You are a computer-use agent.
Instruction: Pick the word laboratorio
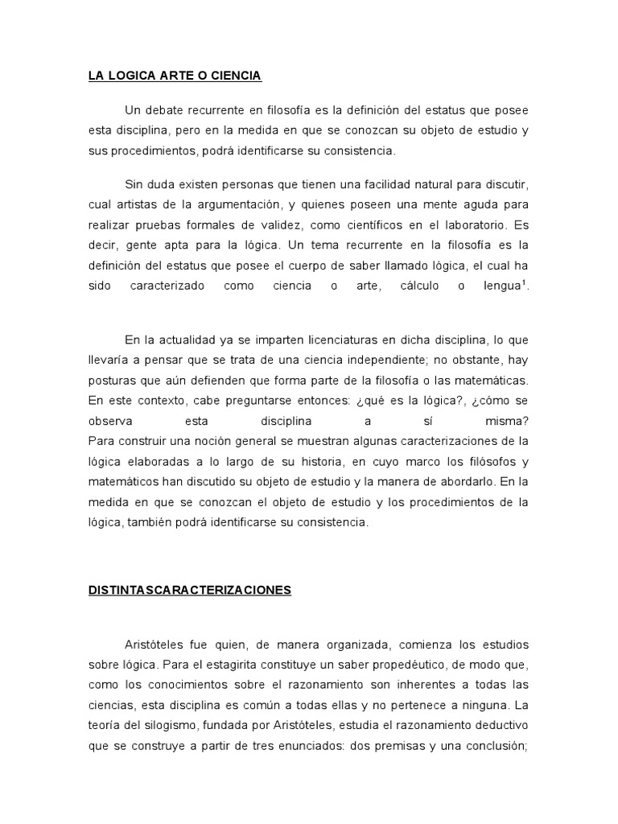coord(468,225)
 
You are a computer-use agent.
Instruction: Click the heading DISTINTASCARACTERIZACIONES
coord(190,590)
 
